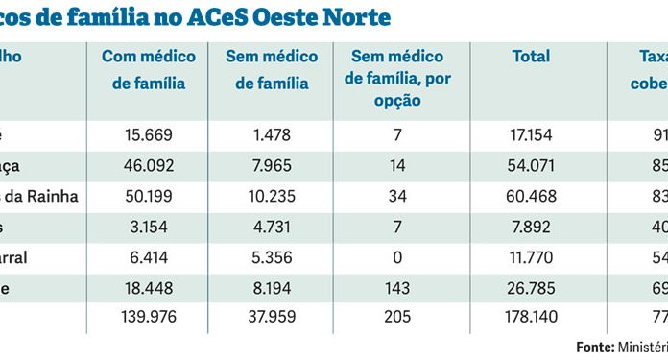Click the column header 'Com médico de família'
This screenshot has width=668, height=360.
[148, 70]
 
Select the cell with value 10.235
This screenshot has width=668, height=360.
[268, 197]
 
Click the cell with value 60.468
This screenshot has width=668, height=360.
[531, 197]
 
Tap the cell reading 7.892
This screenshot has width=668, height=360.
[531, 227]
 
